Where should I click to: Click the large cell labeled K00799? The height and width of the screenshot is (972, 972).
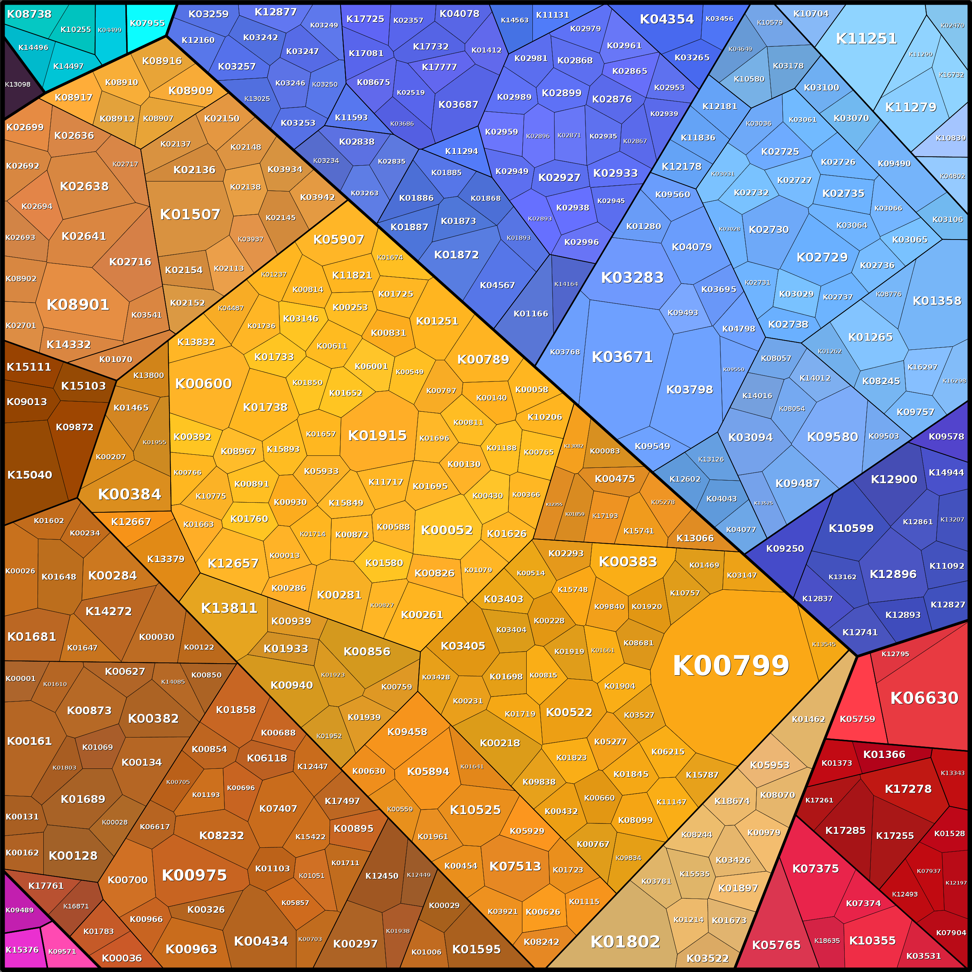731,666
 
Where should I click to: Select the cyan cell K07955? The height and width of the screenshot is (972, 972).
147,23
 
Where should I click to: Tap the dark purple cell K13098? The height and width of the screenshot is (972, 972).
18,84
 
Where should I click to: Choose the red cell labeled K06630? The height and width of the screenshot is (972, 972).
924,698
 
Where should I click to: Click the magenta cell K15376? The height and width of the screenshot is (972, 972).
22,949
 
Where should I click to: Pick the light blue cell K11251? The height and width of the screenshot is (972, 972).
866,39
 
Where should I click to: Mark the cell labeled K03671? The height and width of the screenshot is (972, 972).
622,357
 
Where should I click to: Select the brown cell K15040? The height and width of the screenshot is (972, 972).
29,474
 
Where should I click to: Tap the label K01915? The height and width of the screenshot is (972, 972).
377,435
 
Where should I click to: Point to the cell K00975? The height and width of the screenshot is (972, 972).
194,875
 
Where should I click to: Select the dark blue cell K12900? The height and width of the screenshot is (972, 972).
893,479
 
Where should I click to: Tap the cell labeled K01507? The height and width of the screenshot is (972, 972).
190,215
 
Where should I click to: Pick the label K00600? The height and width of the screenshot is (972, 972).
203,384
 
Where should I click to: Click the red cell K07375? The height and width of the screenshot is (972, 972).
815,868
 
